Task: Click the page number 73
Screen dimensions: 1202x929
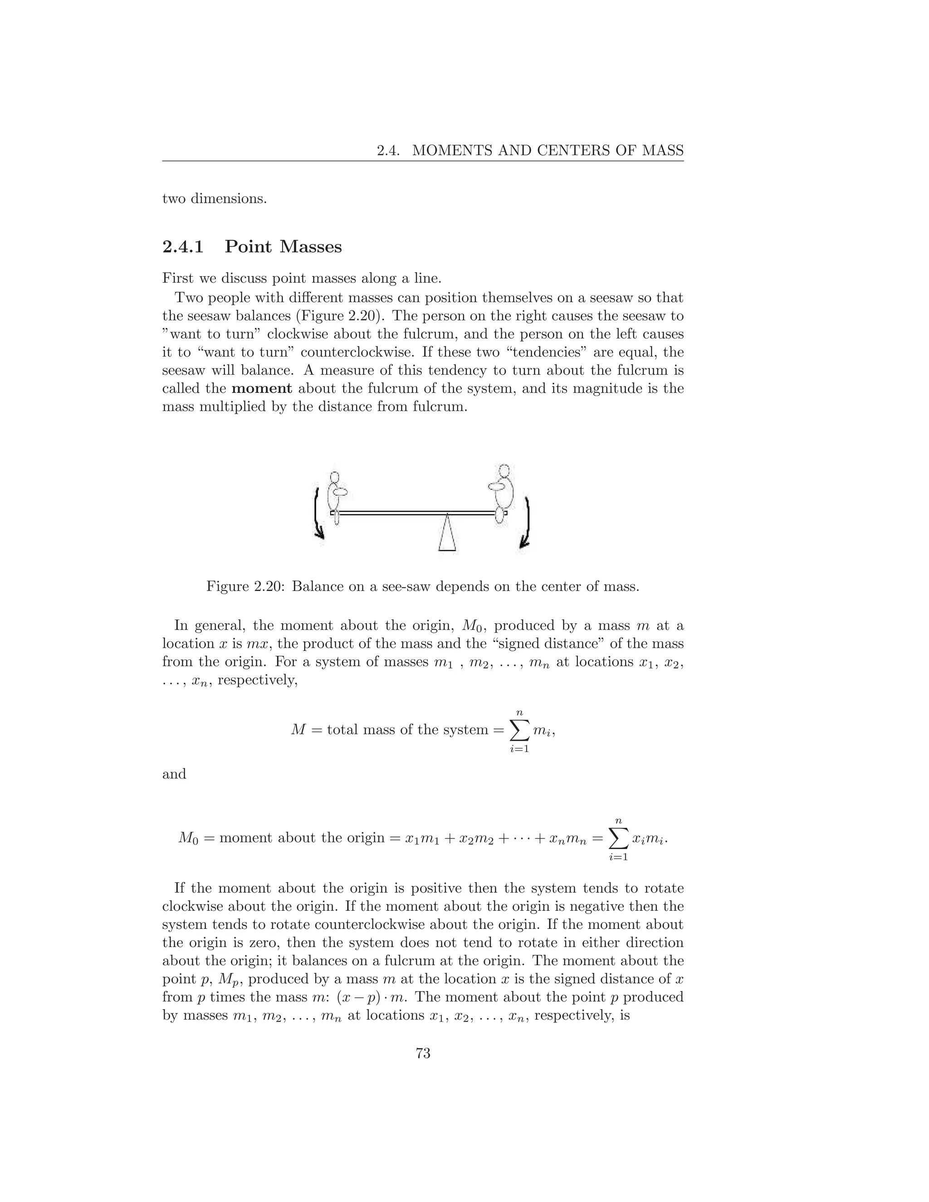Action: tap(423, 1053)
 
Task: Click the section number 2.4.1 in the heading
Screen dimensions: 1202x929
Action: tap(183, 247)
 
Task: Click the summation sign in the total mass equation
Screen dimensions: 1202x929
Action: tap(519, 730)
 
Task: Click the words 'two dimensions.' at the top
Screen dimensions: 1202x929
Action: tap(214, 199)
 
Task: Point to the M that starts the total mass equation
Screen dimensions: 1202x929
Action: tap(298, 730)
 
